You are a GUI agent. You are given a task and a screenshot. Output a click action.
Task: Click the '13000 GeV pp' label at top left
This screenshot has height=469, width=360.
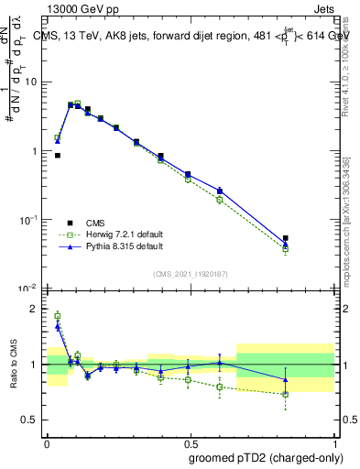[x=77, y=9]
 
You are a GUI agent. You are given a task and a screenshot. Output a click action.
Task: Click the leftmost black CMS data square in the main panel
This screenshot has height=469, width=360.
[x=58, y=156]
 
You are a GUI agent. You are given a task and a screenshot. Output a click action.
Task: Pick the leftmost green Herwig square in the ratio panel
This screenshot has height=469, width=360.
[x=58, y=316]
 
